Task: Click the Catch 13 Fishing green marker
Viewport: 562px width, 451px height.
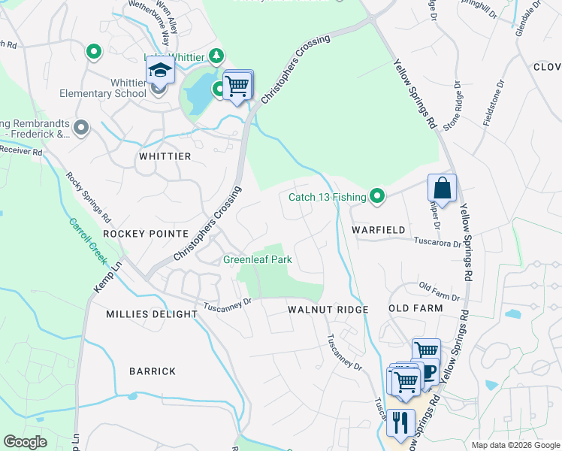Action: [x=377, y=197]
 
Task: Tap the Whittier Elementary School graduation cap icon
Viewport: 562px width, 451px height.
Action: [x=160, y=70]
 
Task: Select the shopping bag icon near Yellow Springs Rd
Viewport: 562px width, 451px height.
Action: [x=443, y=188]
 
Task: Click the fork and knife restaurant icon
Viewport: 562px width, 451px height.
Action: [x=400, y=422]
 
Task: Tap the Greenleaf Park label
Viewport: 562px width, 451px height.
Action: [x=258, y=260]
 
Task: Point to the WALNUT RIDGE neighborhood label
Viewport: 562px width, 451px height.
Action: [x=328, y=310]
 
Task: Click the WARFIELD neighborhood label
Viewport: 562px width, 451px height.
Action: [x=379, y=229]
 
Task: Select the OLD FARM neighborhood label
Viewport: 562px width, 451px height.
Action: [x=415, y=309]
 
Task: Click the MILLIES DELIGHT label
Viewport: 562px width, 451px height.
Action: [x=151, y=314]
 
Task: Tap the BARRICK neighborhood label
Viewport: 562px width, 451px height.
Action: [x=153, y=371]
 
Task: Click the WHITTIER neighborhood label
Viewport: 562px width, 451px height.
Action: [x=165, y=156]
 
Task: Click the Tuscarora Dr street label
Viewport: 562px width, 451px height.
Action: [x=437, y=243]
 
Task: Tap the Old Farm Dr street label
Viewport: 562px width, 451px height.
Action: [x=439, y=287]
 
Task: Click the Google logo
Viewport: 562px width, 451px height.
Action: [x=26, y=442]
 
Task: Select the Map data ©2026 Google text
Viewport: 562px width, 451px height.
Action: [x=515, y=445]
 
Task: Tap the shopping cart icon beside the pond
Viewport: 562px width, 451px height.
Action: [x=238, y=86]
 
